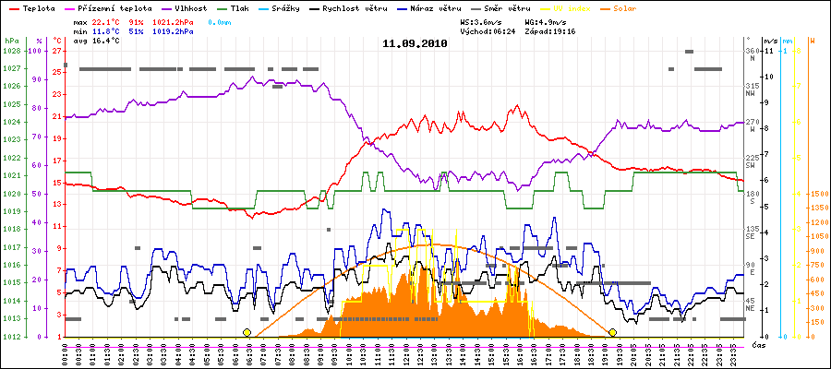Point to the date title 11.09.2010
[x=415, y=43]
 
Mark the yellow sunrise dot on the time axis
[x=247, y=332]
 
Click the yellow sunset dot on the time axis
[x=612, y=332]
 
